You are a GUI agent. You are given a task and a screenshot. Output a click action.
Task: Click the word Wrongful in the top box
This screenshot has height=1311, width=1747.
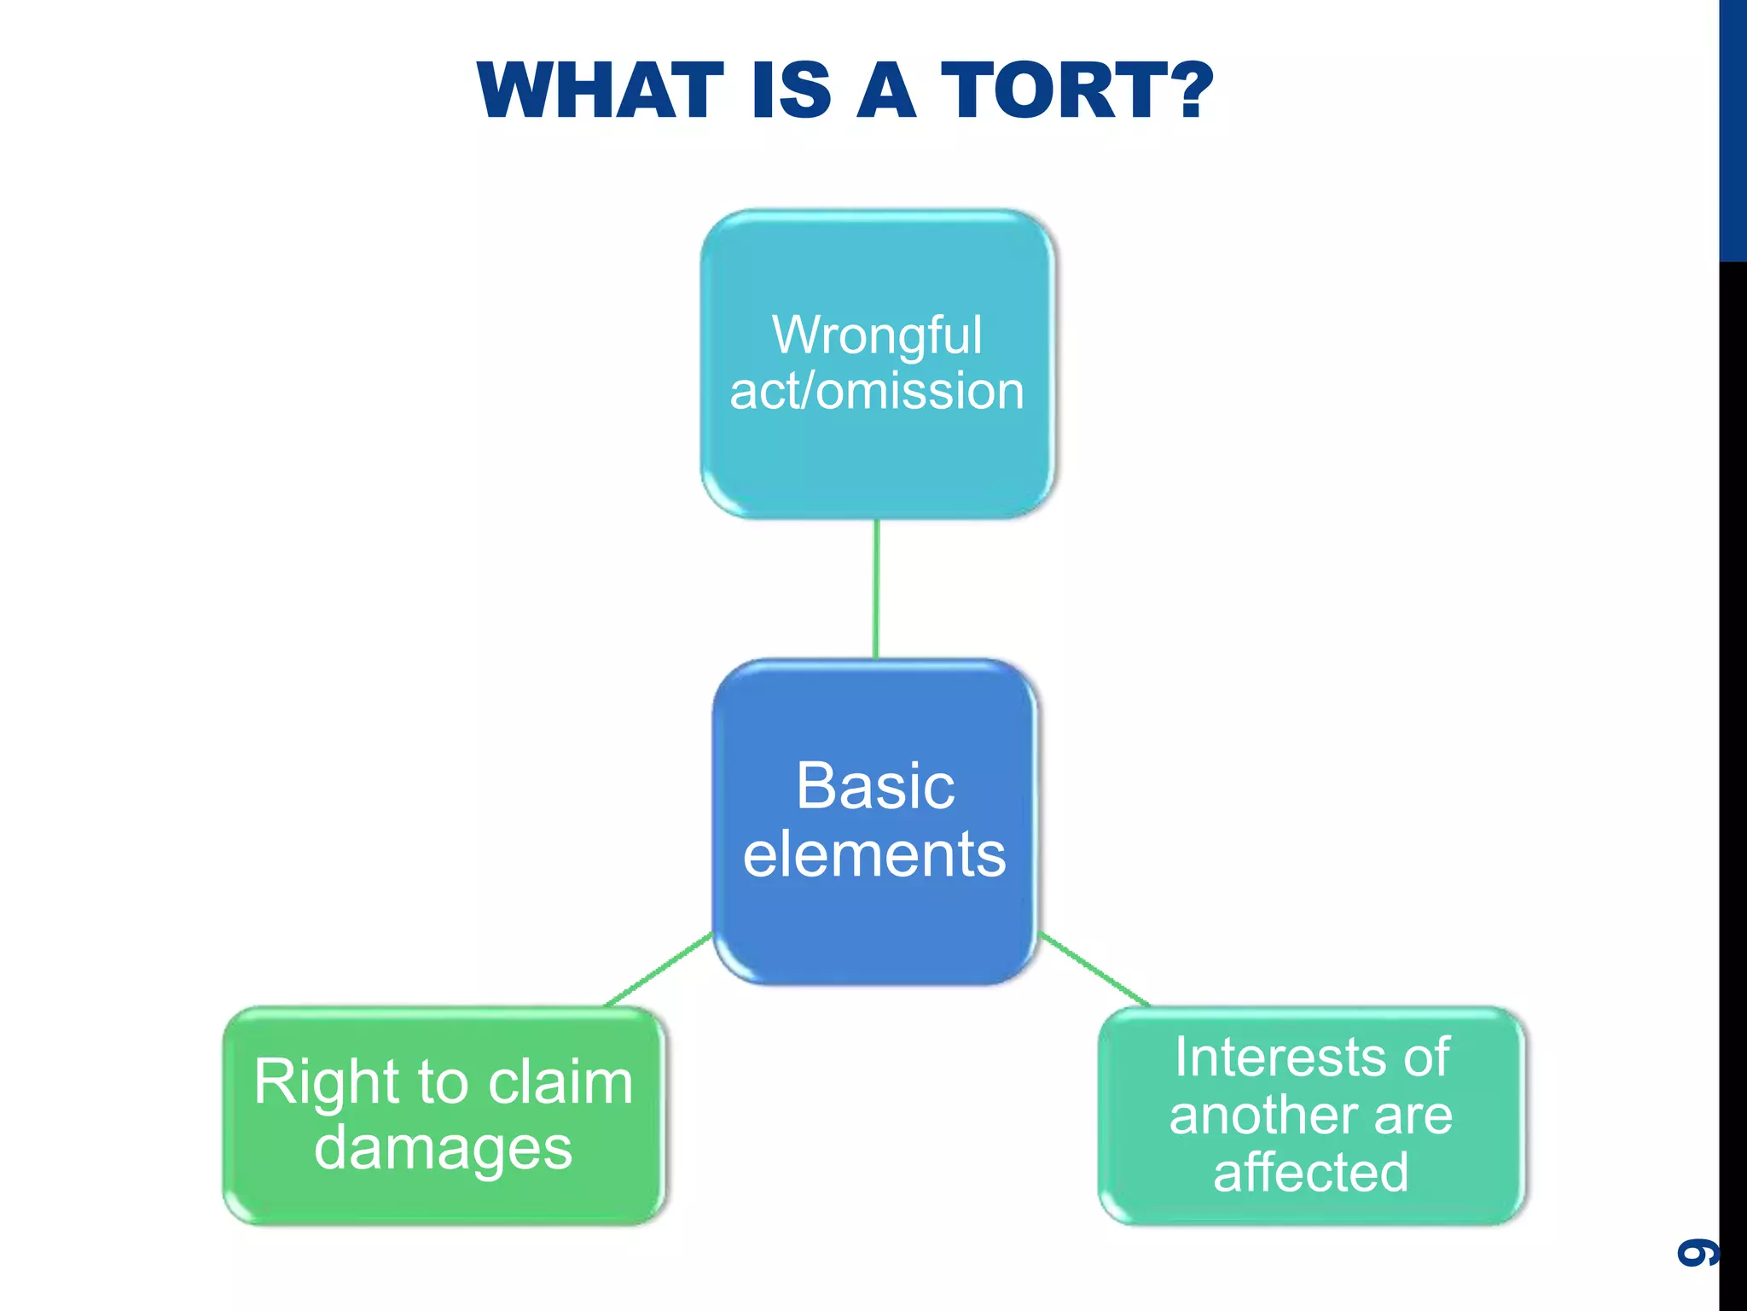877,335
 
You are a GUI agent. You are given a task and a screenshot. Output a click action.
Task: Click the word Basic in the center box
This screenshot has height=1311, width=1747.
875,786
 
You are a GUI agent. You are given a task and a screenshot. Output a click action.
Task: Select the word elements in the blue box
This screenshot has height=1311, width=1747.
875,854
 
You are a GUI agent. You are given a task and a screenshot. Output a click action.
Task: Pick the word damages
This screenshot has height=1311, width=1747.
443,1148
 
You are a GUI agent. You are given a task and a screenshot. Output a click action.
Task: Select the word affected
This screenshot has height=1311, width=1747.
1310,1172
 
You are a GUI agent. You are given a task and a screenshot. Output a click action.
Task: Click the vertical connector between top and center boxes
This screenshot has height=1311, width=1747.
876,589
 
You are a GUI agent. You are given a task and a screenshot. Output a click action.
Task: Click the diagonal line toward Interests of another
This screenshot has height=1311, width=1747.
1094,970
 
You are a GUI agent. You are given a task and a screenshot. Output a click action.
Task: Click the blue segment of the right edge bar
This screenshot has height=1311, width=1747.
1732,128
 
